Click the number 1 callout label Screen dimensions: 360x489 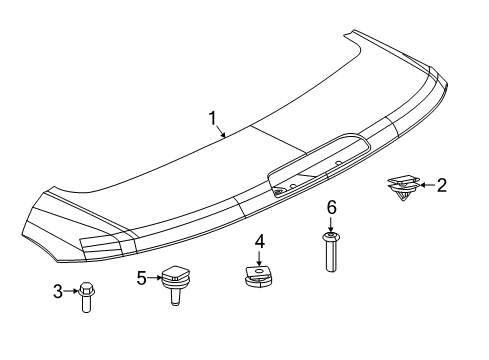[x=213, y=120]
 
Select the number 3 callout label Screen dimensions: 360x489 [x=58, y=291]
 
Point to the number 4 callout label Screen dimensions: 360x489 [x=259, y=241]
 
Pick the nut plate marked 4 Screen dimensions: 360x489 [x=260, y=273]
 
